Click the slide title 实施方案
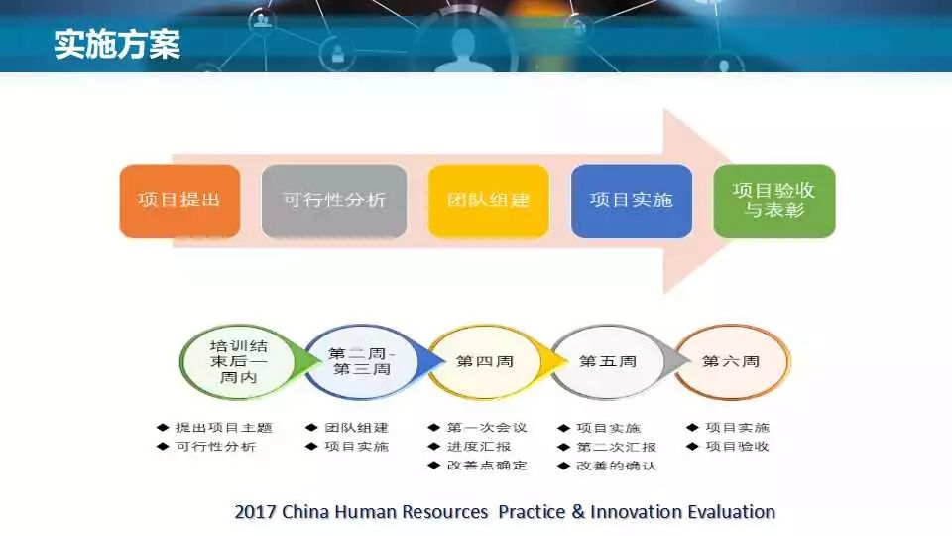(117, 44)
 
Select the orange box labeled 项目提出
(179, 201)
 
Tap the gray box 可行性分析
(334, 201)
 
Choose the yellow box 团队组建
(488, 201)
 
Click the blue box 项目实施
(632, 201)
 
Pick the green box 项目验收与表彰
(774, 201)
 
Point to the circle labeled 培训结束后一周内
(239, 361)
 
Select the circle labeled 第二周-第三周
(362, 361)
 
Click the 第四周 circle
(485, 361)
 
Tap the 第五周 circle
(608, 361)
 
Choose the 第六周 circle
(732, 361)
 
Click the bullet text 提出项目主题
(223, 427)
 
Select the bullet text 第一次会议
(487, 427)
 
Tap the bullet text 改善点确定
(487, 465)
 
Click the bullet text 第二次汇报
(616, 447)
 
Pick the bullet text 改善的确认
(616, 466)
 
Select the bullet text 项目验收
(737, 446)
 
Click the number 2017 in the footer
(255, 512)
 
